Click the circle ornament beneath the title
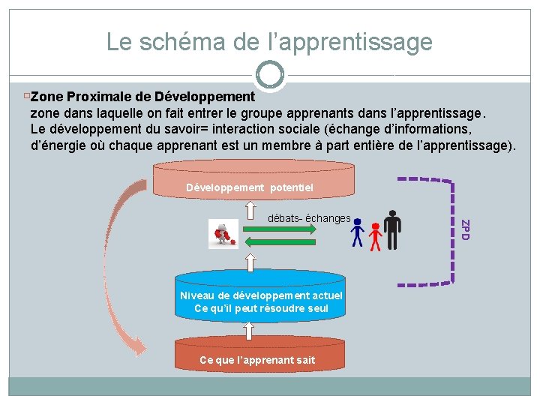(269, 75)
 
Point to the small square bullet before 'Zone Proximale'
(27, 97)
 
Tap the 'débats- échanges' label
(309, 218)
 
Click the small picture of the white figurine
(223, 234)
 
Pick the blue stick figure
(358, 233)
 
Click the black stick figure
(392, 228)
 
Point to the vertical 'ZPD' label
(465, 229)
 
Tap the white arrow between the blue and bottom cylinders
(249, 330)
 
